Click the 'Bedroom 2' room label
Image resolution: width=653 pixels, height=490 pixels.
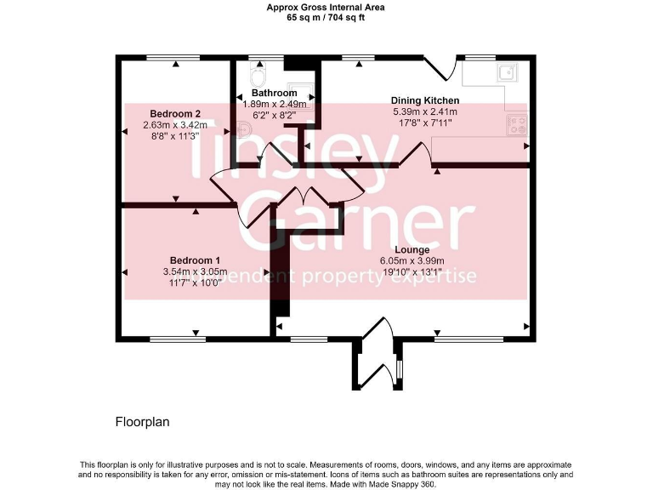pos(175,113)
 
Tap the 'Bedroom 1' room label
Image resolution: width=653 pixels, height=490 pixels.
pos(195,260)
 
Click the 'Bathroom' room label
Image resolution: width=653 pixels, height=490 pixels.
pos(274,93)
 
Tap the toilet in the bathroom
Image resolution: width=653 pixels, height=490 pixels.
pos(258,69)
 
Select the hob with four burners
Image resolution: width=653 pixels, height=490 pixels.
pos(517,126)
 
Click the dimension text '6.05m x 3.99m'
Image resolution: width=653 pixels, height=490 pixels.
pos(412,261)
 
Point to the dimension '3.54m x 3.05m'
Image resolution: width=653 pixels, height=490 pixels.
pos(195,272)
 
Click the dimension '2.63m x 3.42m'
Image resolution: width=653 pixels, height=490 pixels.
pos(175,124)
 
